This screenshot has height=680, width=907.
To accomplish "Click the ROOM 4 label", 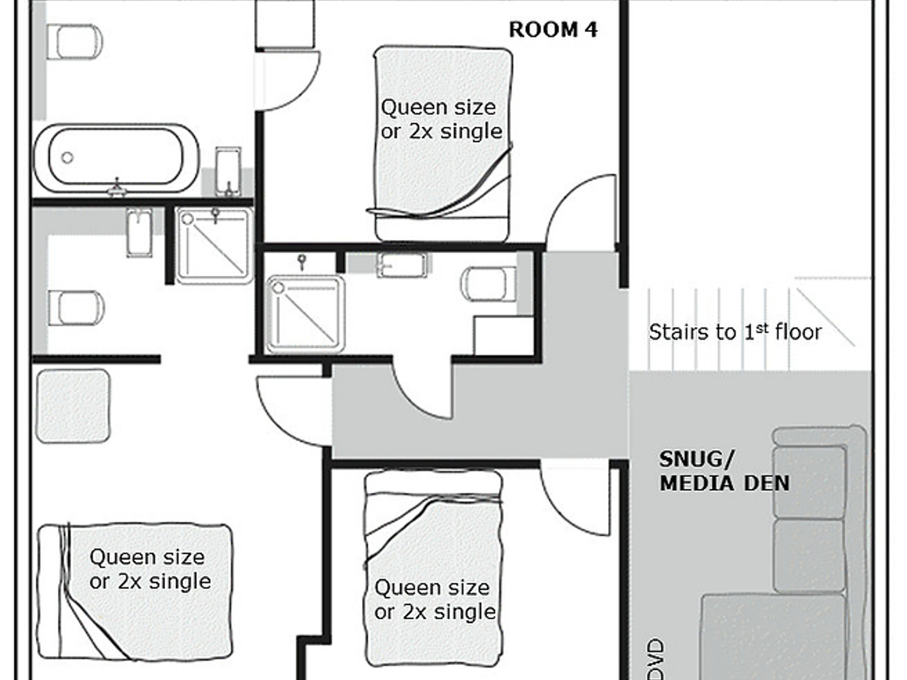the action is coord(553,30).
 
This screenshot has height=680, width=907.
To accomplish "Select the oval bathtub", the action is coord(116,158).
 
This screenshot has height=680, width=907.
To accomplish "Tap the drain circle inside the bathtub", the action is coord(67,158).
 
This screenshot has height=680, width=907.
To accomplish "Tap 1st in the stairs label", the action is coord(756,331).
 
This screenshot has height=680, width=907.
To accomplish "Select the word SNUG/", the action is coord(696,459).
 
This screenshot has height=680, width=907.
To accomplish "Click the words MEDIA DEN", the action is coord(724,483).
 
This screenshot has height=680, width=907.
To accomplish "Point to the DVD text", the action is coord(657,658).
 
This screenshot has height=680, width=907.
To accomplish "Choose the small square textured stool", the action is coord(73,406).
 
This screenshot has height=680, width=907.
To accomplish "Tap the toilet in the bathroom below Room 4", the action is coord(488,284).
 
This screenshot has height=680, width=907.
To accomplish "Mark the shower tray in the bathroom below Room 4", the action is coord(305,314).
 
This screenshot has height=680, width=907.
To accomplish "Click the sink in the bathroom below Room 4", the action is coord(402,265).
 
